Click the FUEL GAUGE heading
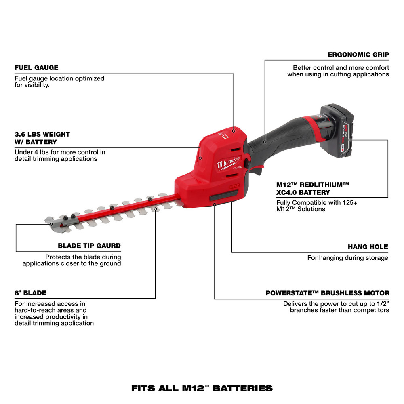pyautogui.click(x=36, y=67)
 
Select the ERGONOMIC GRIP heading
pyautogui.click(x=358, y=54)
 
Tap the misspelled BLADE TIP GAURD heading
pyautogui.click(x=89, y=246)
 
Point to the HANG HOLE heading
pyautogui.click(x=368, y=246)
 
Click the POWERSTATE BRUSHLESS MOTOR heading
pyautogui.click(x=328, y=293)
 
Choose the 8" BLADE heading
pyautogui.click(x=30, y=293)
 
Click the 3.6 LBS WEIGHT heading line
pyautogui.click(x=42, y=134)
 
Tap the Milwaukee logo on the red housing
pyautogui.click(x=228, y=161)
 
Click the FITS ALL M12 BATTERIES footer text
pyautogui.click(x=202, y=389)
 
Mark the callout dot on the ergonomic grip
pyautogui.click(x=265, y=142)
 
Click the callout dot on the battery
pyautogui.click(x=350, y=140)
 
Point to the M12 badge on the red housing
pyautogui.click(x=229, y=187)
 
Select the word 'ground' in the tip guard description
pyautogui.click(x=111, y=263)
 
